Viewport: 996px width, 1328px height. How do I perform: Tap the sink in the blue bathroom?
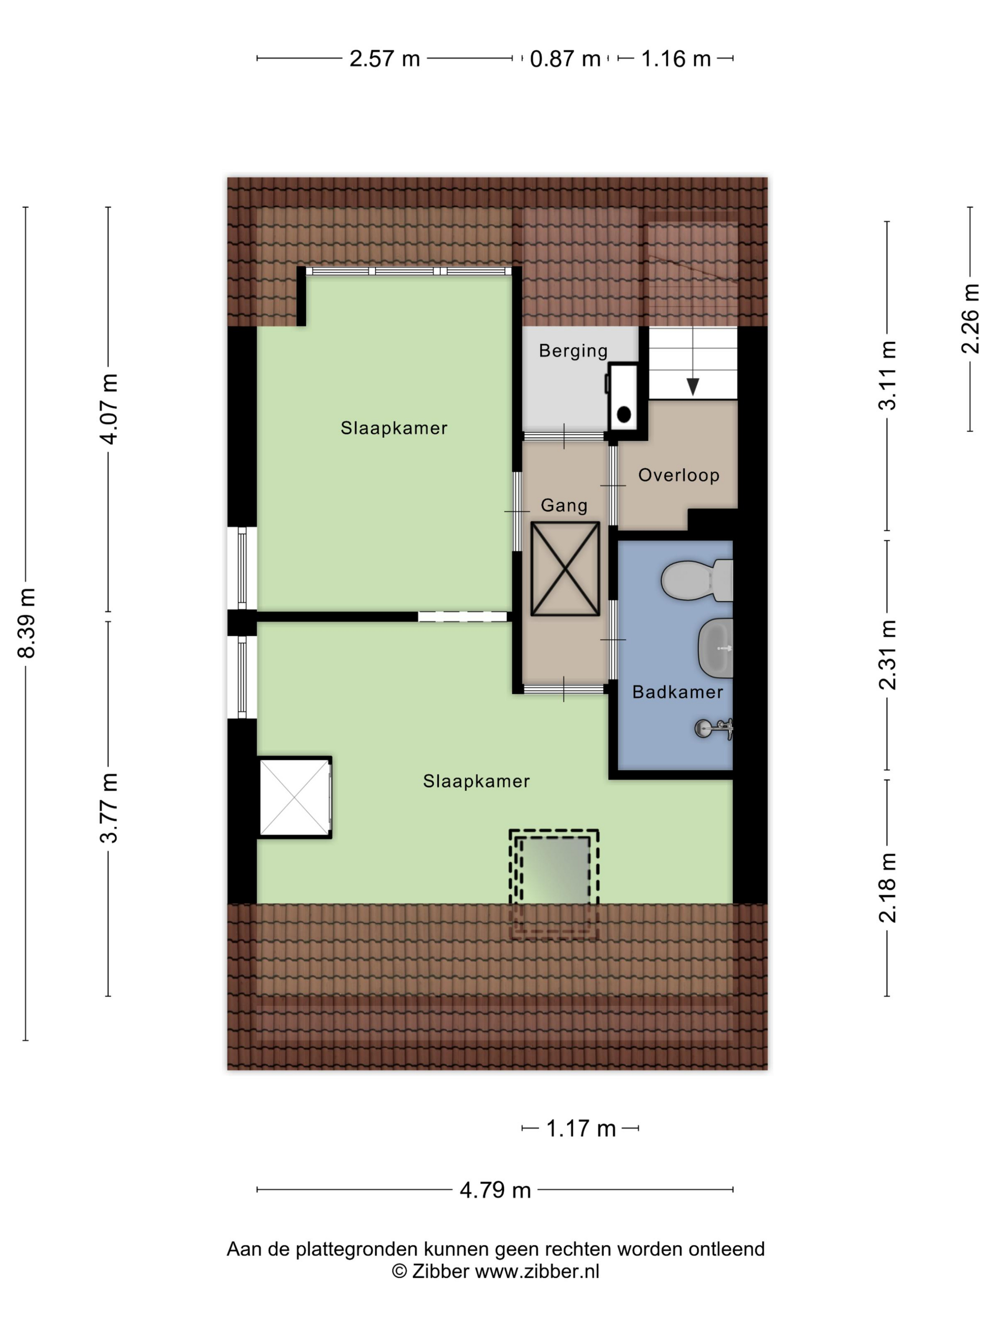coord(716,648)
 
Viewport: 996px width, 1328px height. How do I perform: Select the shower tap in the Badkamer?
coord(714,729)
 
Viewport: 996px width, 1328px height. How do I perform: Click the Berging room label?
coord(573,350)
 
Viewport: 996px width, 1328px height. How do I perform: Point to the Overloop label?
coord(678,476)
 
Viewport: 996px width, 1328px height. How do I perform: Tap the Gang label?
coord(564,506)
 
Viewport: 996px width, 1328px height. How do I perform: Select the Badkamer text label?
coord(677,692)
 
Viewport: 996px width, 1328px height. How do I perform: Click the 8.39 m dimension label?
coord(27,623)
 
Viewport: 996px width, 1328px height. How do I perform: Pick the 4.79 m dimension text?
coord(495,1190)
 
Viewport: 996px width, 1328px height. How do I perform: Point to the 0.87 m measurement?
coord(565,59)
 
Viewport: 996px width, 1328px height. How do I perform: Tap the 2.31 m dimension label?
coord(887,655)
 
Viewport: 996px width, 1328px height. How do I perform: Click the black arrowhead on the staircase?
coord(693,387)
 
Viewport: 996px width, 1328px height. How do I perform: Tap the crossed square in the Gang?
coord(565,569)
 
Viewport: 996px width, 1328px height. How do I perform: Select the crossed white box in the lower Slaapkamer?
coord(295,797)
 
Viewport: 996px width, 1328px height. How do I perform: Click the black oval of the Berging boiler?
coord(624,414)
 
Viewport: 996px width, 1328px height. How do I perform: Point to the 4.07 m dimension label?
coord(109,409)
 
